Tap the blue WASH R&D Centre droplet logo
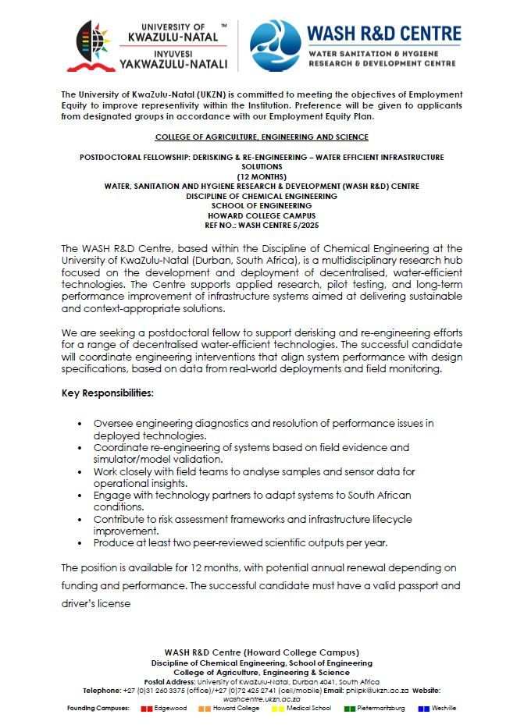point(275,46)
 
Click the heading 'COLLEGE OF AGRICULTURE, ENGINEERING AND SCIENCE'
point(262,137)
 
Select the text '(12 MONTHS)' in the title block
point(262,176)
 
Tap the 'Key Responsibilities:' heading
point(107,393)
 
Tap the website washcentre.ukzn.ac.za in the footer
point(262,699)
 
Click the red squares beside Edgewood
point(146,709)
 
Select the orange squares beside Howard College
point(205,709)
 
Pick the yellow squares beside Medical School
point(278,709)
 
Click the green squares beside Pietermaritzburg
point(349,709)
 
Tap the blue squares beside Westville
point(424,709)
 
